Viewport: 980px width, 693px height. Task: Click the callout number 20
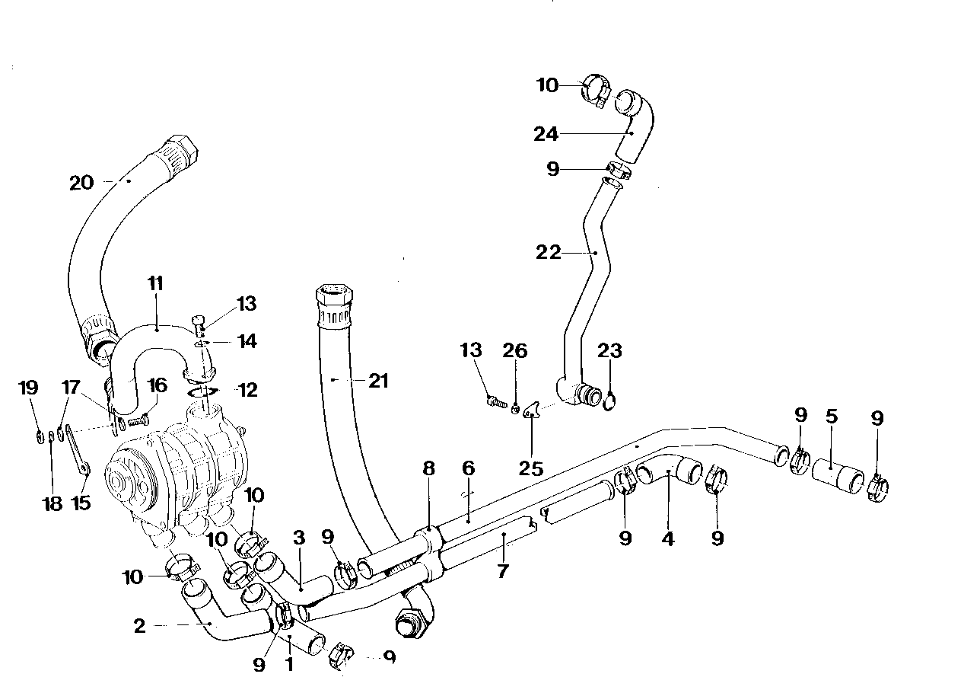(81, 183)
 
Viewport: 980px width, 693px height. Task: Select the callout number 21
(378, 381)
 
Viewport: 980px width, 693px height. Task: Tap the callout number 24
(568, 134)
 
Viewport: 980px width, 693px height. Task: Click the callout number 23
(609, 350)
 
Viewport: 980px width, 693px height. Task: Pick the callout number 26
(514, 350)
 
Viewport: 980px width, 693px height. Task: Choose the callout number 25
(531, 468)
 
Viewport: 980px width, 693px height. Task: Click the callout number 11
(155, 284)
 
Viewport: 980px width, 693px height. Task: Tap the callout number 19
(28, 388)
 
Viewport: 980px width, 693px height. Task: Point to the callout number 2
(139, 626)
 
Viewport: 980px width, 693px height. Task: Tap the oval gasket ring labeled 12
(203, 391)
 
